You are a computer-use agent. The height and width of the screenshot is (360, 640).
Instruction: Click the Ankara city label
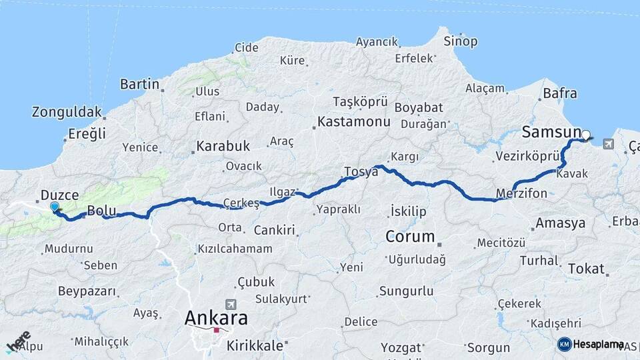pyautogui.click(x=216, y=318)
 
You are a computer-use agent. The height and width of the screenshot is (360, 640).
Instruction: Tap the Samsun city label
pyautogui.click(x=551, y=132)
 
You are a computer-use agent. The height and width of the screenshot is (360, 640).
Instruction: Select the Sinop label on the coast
pyautogui.click(x=461, y=41)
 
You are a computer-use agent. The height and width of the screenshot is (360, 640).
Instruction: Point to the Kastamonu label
pyautogui.click(x=354, y=122)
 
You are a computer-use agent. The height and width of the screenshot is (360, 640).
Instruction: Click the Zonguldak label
pyautogui.click(x=67, y=112)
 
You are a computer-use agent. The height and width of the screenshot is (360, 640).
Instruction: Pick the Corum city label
pyautogui.click(x=410, y=237)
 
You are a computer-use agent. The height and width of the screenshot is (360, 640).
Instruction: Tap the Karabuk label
pyautogui.click(x=223, y=145)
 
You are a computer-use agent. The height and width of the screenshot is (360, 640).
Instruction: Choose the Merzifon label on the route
pyautogui.click(x=522, y=194)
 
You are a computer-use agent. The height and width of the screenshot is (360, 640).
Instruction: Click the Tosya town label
pyautogui.click(x=361, y=172)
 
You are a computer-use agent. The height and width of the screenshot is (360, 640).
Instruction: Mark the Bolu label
pyautogui.click(x=102, y=211)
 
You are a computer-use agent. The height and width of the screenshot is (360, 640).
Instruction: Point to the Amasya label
pyautogui.click(x=560, y=223)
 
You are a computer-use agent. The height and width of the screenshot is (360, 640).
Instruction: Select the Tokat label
pyautogui.click(x=586, y=269)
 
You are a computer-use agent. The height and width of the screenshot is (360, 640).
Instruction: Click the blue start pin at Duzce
pyautogui.click(x=55, y=207)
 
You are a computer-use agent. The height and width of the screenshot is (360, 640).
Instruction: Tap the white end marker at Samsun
pyautogui.click(x=585, y=135)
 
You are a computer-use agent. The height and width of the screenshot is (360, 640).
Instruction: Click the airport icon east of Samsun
pyautogui.click(x=608, y=143)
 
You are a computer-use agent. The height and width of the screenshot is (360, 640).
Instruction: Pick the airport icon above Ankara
pyautogui.click(x=231, y=303)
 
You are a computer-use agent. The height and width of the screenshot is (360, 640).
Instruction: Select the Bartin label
pyautogui.click(x=139, y=84)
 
